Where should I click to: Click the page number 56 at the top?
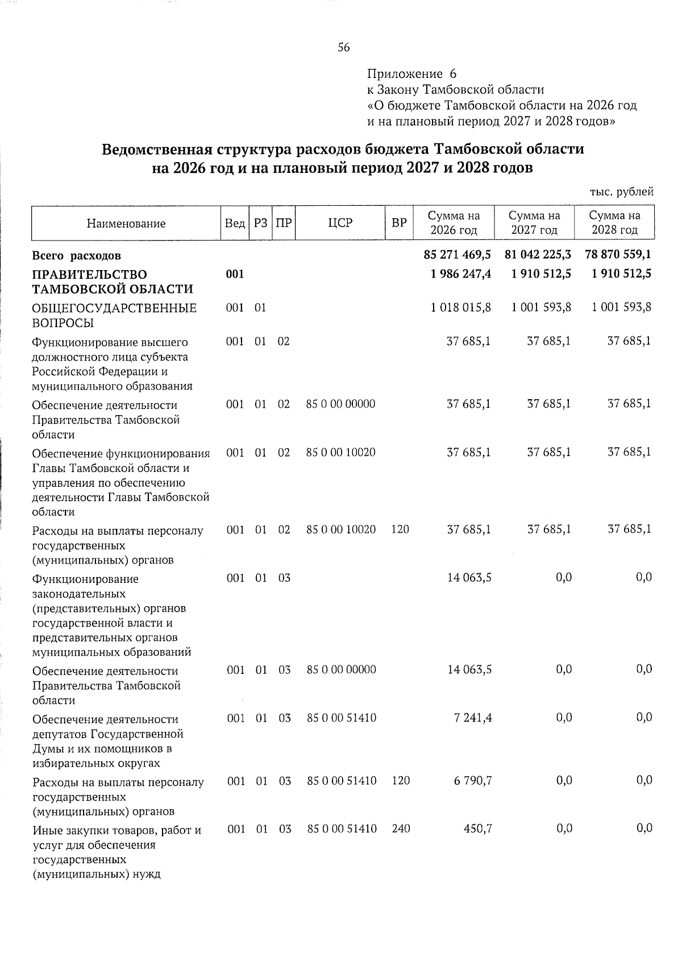click(x=344, y=48)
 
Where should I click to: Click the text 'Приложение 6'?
click(x=411, y=74)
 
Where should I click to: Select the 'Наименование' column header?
click(x=126, y=223)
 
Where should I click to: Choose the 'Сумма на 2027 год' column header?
click(x=534, y=223)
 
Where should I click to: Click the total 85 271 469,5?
click(x=457, y=255)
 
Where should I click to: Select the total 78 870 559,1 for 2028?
click(x=618, y=255)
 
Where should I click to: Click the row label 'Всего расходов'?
click(x=77, y=256)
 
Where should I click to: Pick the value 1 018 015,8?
click(x=461, y=308)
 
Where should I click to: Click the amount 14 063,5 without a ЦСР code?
click(x=469, y=578)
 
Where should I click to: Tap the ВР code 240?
click(x=401, y=829)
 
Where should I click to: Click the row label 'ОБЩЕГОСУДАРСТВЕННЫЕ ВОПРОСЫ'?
click(x=114, y=316)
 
